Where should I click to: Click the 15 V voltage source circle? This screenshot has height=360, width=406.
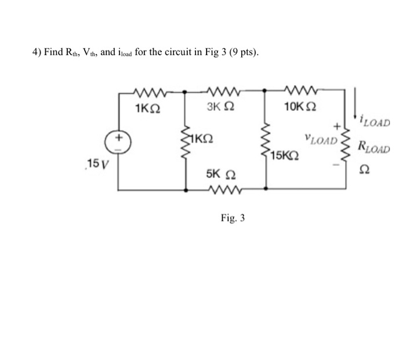(x=118, y=142)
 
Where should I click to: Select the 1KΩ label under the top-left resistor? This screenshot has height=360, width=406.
(x=146, y=108)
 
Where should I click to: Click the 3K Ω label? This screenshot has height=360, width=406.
(x=220, y=107)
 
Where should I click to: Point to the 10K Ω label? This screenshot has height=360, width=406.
(x=300, y=107)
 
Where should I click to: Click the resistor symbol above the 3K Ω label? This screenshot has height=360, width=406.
(x=223, y=91)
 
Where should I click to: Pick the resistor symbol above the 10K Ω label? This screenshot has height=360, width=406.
(x=302, y=91)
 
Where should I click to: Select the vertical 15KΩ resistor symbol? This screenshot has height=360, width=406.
(x=266, y=140)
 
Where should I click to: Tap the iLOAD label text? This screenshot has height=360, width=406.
(x=375, y=122)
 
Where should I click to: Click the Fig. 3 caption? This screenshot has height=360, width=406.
(x=233, y=219)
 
